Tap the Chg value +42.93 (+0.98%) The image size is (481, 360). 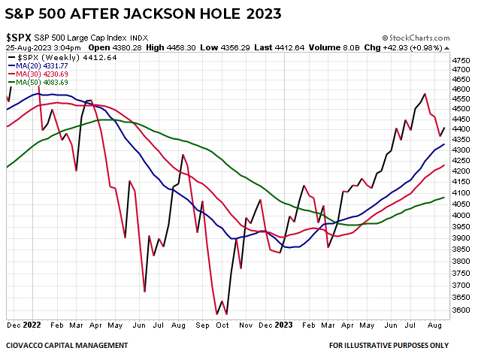(419, 48)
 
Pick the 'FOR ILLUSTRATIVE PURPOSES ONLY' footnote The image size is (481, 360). (389, 346)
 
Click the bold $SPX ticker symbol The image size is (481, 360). (18, 37)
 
